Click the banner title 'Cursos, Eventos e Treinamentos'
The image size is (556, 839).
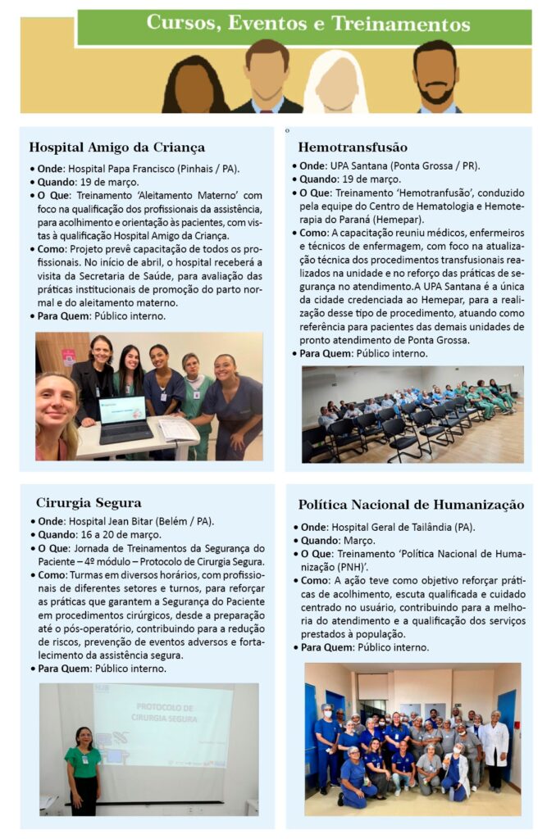pos(308,24)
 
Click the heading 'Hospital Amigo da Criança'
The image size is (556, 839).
pos(116,148)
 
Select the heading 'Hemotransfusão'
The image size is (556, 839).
pos(353,148)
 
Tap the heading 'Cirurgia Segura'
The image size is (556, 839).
pos(89,503)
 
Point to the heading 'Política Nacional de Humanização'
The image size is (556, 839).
pos(411,506)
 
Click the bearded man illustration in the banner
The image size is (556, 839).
pos(436,79)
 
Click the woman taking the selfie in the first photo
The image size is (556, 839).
pos(57,414)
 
